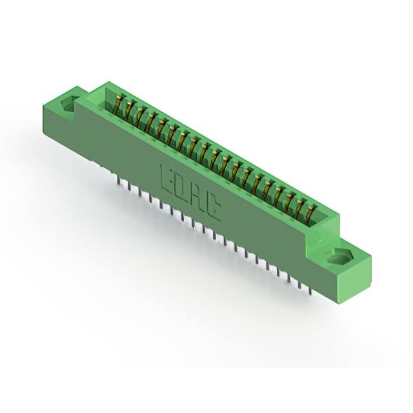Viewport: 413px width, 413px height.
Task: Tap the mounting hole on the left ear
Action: click(x=67, y=103)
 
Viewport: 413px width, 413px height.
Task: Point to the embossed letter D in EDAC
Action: click(x=181, y=185)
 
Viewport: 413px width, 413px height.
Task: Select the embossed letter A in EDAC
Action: click(x=197, y=196)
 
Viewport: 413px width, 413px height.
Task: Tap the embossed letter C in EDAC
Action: click(x=214, y=206)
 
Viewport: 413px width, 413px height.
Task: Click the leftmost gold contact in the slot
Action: click(x=119, y=103)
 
